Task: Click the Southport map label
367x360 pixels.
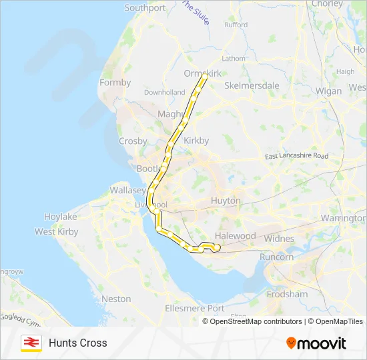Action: [145, 8]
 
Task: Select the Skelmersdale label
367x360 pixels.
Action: [252, 85]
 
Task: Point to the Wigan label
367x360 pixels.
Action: [328, 90]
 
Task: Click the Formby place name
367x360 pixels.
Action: [115, 83]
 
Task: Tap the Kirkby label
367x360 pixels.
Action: [196, 141]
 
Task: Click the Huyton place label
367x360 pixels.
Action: [227, 200]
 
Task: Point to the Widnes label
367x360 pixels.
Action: [279, 239]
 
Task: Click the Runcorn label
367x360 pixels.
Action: [276, 257]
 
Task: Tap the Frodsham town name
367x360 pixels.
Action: [287, 294]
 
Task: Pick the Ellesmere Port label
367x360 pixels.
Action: [194, 308]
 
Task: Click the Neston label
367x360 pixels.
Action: [116, 299]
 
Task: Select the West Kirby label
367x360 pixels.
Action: [57, 232]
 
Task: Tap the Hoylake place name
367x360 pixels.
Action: [61, 217]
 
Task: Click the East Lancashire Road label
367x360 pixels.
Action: [296, 156]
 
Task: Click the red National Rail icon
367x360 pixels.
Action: [31, 343]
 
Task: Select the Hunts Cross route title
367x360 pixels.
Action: [77, 343]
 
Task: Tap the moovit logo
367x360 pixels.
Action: [316, 343]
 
